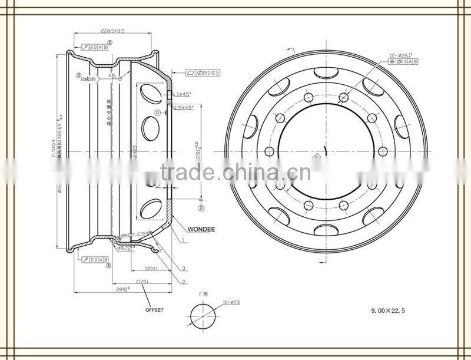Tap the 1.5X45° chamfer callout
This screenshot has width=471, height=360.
coord(188,107)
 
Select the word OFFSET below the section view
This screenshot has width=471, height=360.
coord(154,309)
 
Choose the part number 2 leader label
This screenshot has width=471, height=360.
coord(184,282)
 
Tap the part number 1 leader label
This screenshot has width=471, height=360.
coord(184,240)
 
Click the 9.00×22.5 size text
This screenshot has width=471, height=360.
coord(387,309)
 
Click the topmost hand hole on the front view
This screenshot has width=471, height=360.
coord(326,73)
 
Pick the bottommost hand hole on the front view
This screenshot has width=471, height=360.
coord(326,230)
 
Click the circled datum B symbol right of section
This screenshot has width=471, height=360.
coord(201,208)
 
